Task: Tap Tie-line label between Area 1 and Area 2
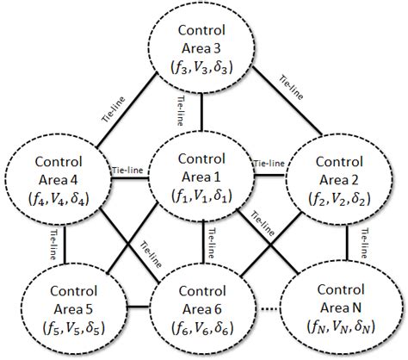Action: click(x=269, y=163)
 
